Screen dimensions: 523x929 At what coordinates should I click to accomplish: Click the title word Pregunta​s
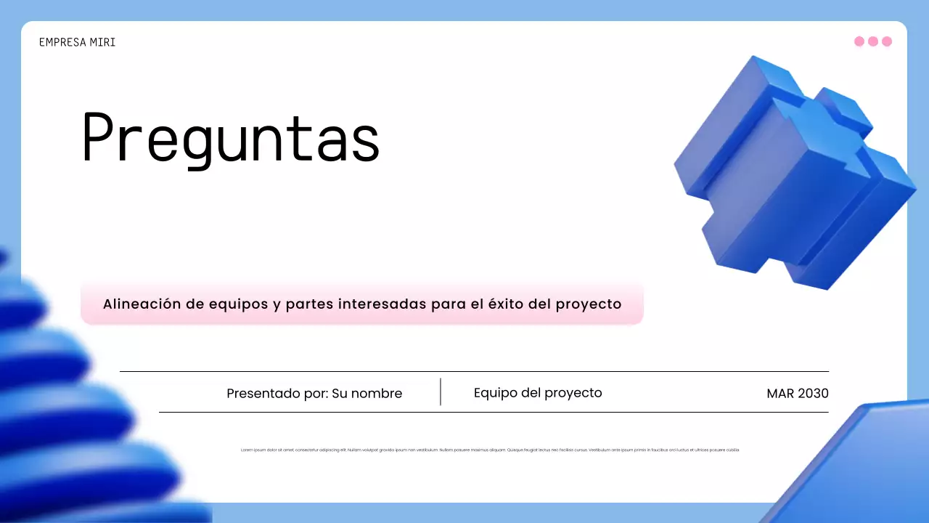pos(231,137)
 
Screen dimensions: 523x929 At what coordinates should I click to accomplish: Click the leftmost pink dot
pos(859,41)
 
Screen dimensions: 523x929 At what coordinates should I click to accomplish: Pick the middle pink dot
pos(873,41)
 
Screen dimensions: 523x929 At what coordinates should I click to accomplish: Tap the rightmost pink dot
pos(887,41)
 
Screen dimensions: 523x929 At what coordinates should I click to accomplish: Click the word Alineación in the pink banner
pos(141,304)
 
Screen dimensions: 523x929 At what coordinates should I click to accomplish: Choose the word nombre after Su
pos(377,394)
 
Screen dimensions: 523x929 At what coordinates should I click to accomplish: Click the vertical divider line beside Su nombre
pos(441,392)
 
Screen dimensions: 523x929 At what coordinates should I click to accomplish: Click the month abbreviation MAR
pos(780,394)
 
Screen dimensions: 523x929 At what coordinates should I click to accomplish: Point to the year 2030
pos(813,394)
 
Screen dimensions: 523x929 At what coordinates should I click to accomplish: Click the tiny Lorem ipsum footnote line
pos(490,450)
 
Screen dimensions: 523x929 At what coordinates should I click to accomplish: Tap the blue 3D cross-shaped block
pos(791,174)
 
